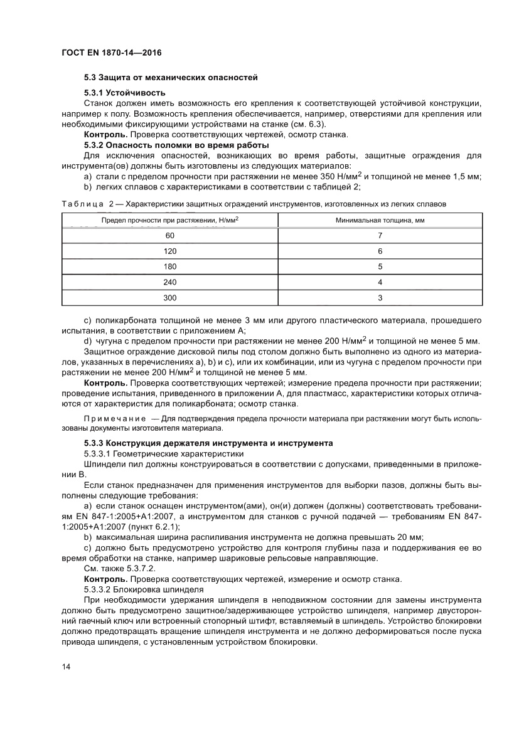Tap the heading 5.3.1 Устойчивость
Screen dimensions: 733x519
coord(125,93)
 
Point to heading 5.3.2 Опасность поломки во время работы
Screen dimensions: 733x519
coord(176,145)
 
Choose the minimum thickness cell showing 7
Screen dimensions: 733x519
coord(380,236)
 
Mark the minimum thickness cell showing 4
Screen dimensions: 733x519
coord(380,282)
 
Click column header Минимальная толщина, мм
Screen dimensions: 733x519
coord(380,220)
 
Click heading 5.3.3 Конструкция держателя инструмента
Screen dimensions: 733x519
coord(208,443)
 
